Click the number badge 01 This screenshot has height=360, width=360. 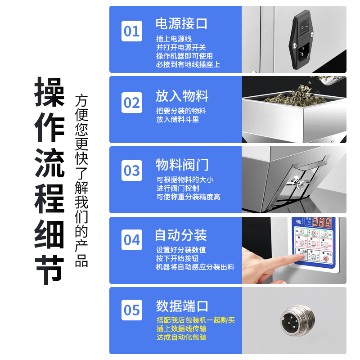(132, 31)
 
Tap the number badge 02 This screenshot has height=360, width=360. (132, 103)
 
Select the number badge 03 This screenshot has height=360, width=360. (132, 171)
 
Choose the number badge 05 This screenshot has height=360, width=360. (132, 310)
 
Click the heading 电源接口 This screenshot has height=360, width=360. (181, 23)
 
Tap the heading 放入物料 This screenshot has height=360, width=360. (182, 95)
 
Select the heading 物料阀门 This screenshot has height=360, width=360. (182, 164)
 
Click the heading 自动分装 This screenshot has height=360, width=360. (181, 235)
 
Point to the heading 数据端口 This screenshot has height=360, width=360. (182, 306)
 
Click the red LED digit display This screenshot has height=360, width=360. (322, 222)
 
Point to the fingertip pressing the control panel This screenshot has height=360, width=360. (299, 256)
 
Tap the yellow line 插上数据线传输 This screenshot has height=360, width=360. (181, 329)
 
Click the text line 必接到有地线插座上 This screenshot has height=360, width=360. (188, 65)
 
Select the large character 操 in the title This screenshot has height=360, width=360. (49, 93)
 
